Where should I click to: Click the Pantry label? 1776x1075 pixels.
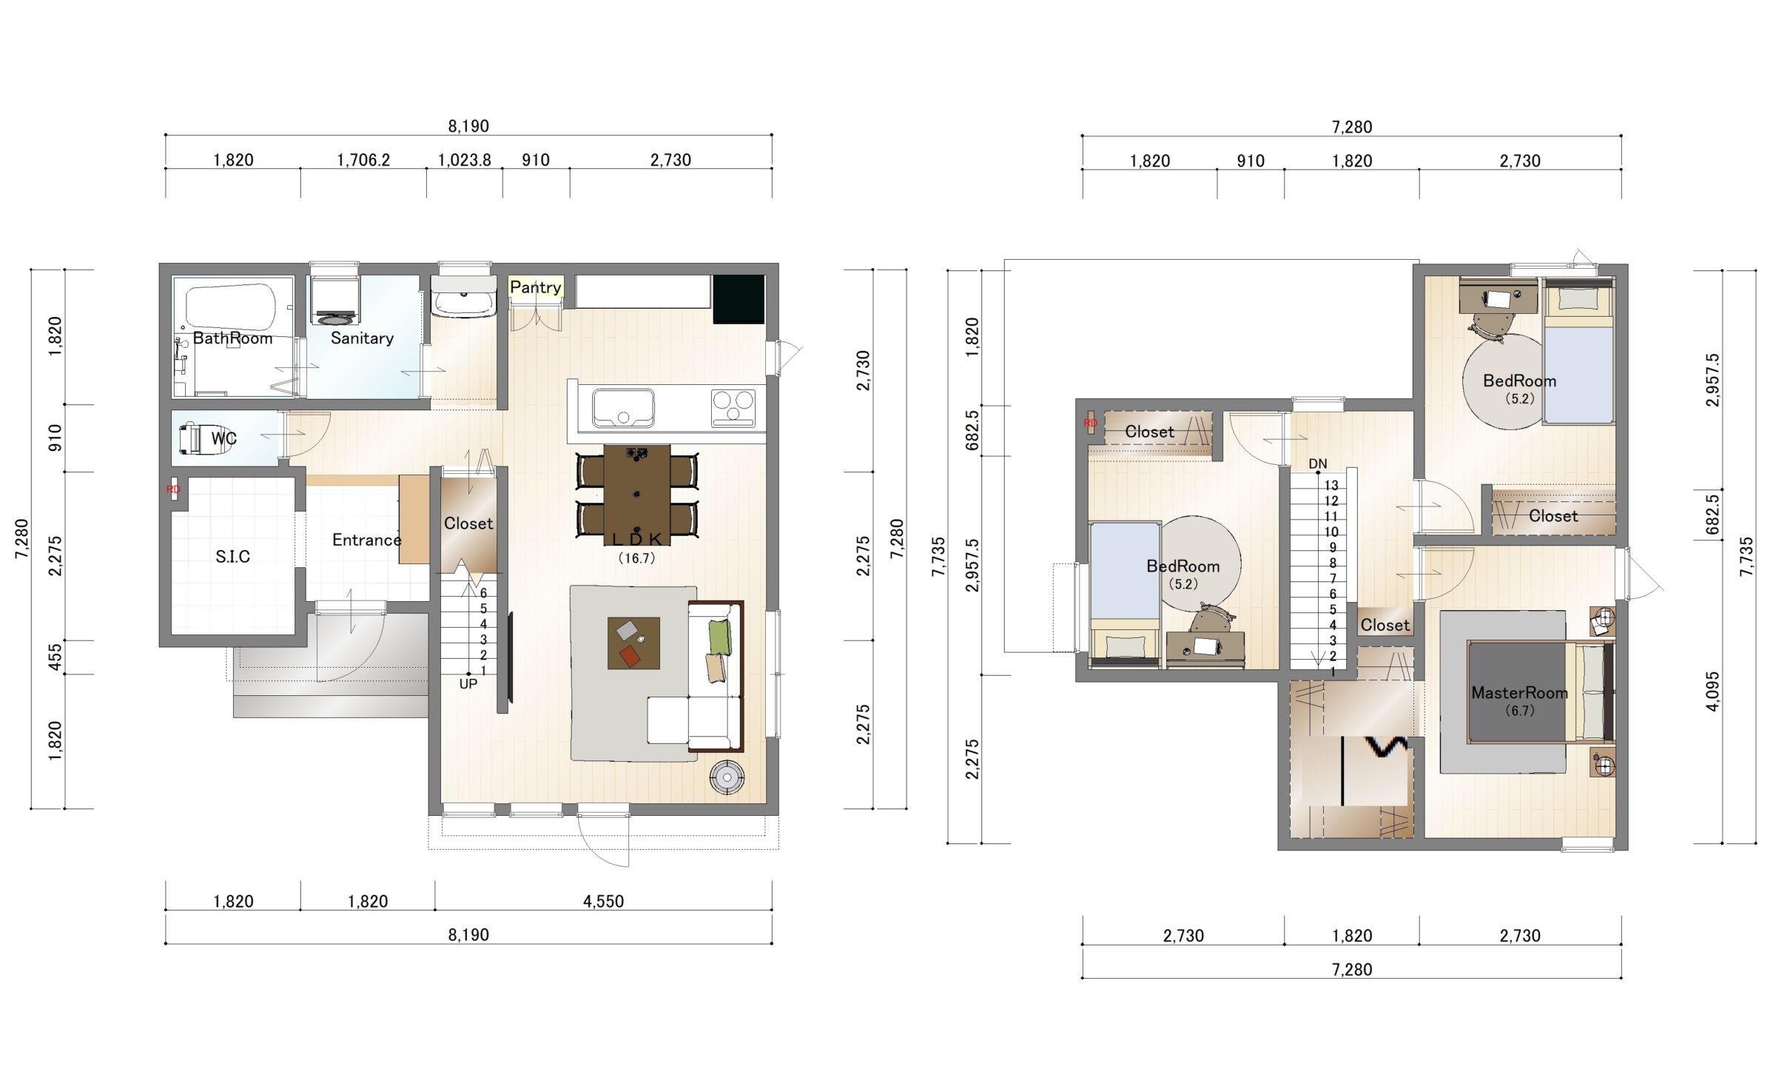point(535,287)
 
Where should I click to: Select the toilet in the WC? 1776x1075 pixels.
point(190,438)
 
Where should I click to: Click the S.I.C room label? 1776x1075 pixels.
point(232,557)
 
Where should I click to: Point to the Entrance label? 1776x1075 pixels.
point(366,540)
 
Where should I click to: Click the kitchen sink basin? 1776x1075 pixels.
point(622,408)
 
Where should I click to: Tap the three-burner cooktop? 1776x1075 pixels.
point(733,408)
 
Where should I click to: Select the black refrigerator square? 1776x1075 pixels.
point(739,299)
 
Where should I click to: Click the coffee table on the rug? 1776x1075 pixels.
point(633,643)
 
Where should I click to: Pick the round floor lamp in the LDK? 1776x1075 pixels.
point(727,777)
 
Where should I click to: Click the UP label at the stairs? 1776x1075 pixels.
point(468,684)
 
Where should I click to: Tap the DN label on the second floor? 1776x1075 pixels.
point(1318,464)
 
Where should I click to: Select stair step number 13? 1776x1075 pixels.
point(1331,486)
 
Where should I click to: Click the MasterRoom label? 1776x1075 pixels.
point(1519,693)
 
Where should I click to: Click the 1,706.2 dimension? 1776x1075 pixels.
point(363,160)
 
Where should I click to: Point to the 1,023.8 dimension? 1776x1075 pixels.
point(465,160)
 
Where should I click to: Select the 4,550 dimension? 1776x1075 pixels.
point(603,901)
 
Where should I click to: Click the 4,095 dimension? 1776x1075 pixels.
point(1713,691)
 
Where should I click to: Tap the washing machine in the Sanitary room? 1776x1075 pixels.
point(334,301)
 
